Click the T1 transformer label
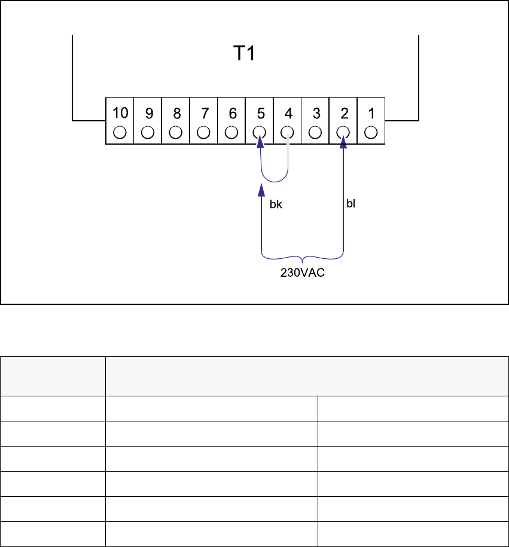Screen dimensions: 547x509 pyautogui.click(x=243, y=54)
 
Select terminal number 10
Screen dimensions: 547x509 pyautogui.click(x=120, y=113)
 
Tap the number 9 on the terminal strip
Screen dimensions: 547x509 pyautogui.click(x=148, y=113)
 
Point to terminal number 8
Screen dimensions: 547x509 pyautogui.click(x=176, y=113)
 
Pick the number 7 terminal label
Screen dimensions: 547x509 pyautogui.click(x=204, y=113)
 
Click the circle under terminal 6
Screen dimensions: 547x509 pyautogui.click(x=231, y=132)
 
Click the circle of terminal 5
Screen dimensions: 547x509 pyautogui.click(x=260, y=132)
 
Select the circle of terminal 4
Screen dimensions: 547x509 pyautogui.click(x=288, y=132)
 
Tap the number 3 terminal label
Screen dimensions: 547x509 pyautogui.click(x=315, y=113)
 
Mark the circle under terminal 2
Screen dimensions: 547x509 pyautogui.click(x=343, y=132)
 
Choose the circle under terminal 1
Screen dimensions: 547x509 pyautogui.click(x=371, y=132)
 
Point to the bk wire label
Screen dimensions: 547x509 pyautogui.click(x=276, y=204)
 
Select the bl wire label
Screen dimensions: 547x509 pyautogui.click(x=351, y=203)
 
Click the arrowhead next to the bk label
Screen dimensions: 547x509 pyautogui.click(x=260, y=191)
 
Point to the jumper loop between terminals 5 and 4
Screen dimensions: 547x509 pyautogui.click(x=275, y=179)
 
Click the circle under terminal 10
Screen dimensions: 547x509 pyautogui.click(x=120, y=132)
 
